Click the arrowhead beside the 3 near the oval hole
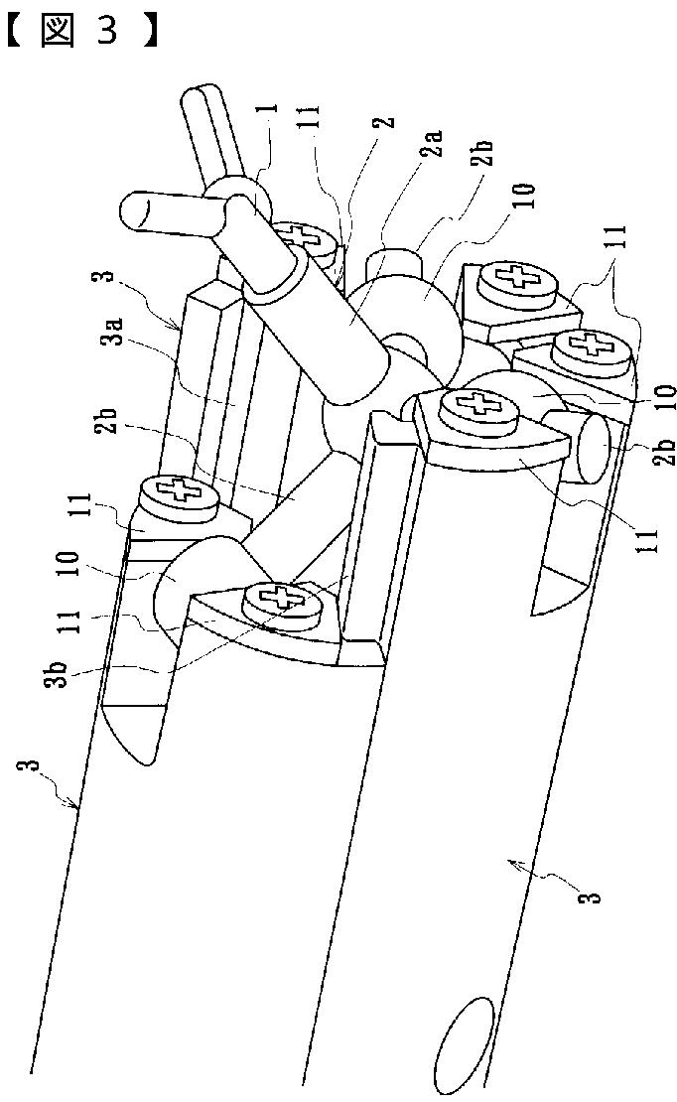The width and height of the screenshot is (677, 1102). point(514,866)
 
